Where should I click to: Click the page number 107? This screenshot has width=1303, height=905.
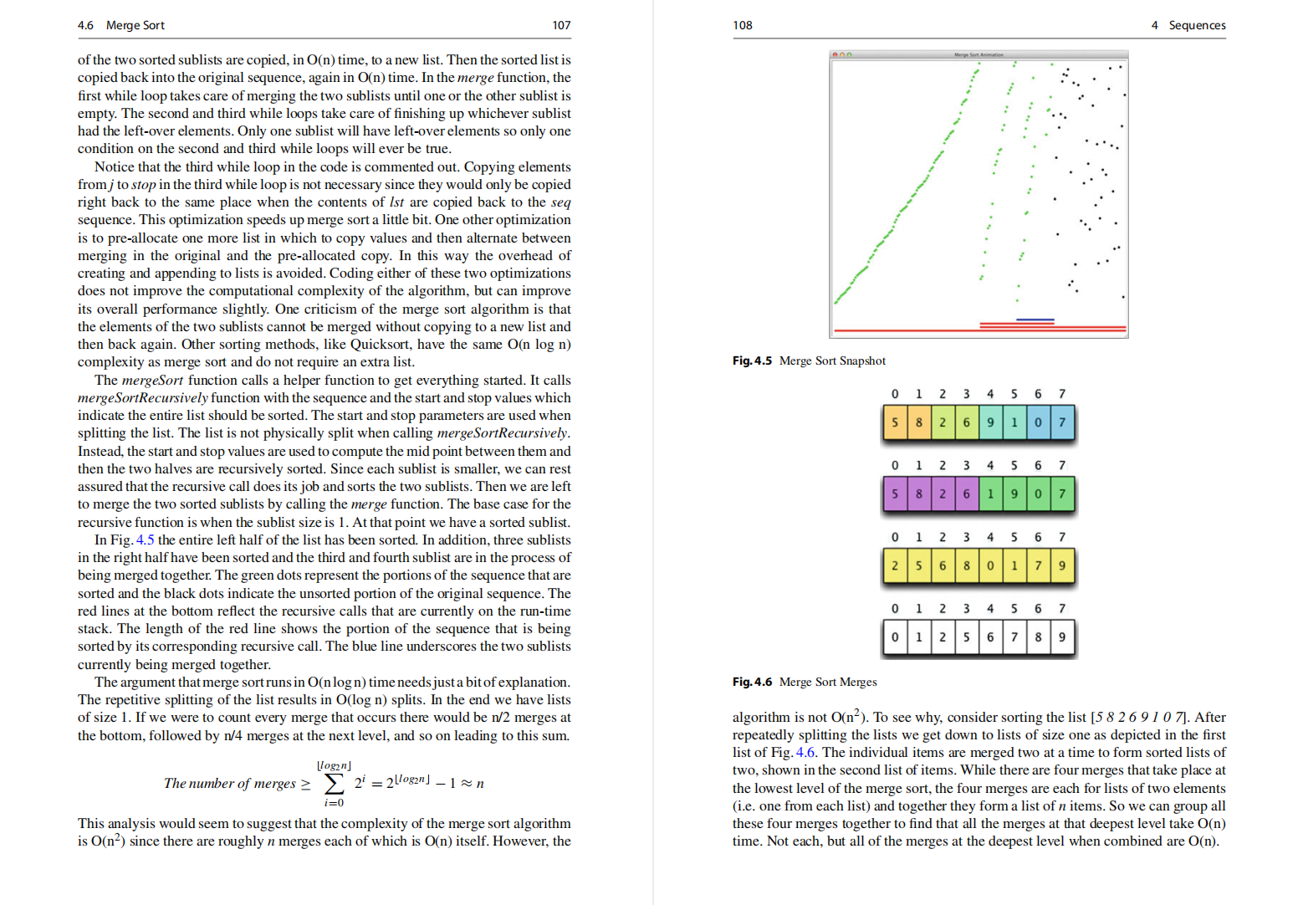click(x=561, y=25)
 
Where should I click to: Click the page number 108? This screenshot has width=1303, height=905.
click(x=742, y=25)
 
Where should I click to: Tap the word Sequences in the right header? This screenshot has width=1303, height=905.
click(x=1197, y=25)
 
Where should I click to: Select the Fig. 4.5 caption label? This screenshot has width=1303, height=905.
click(x=752, y=360)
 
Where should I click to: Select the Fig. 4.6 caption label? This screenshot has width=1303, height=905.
click(x=752, y=682)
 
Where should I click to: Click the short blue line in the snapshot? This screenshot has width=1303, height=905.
click(x=1035, y=320)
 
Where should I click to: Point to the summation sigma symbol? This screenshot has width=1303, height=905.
click(x=334, y=784)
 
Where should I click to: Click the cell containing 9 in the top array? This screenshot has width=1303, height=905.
click(x=990, y=422)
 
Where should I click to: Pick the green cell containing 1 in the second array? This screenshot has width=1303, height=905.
click(x=990, y=493)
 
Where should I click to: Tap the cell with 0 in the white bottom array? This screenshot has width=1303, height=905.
click(x=895, y=637)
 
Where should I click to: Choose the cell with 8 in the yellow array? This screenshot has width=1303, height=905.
click(x=966, y=565)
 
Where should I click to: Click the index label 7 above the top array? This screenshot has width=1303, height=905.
click(x=1062, y=394)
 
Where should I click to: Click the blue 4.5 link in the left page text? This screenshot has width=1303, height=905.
click(x=146, y=539)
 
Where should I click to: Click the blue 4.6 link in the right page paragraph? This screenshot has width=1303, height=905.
click(x=805, y=752)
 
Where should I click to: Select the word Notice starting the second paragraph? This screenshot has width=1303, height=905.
click(x=114, y=166)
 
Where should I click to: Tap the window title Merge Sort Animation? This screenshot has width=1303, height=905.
click(x=979, y=54)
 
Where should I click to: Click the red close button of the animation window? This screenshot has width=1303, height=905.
click(x=834, y=54)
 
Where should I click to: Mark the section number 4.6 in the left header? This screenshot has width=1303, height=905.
click(x=85, y=25)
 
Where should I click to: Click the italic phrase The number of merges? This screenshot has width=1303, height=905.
click(x=229, y=784)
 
